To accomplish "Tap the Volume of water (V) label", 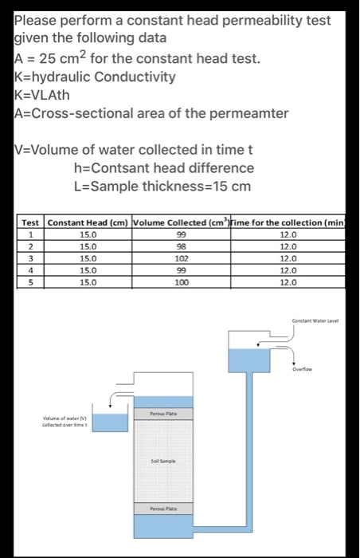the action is coord(63,419).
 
